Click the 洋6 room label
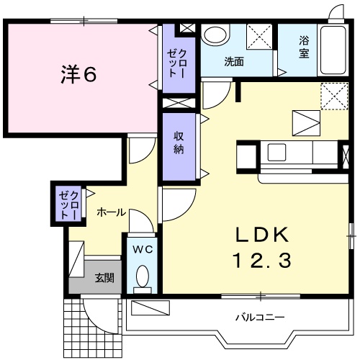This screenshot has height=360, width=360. [x=78, y=75]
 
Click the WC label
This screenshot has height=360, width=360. [x=141, y=250]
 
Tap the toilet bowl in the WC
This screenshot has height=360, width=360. [x=141, y=277]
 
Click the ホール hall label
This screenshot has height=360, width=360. [x=111, y=212]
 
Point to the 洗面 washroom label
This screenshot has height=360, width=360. [x=233, y=62]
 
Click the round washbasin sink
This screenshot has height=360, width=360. [x=213, y=36]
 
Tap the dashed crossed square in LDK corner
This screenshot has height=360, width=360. [x=332, y=95]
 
